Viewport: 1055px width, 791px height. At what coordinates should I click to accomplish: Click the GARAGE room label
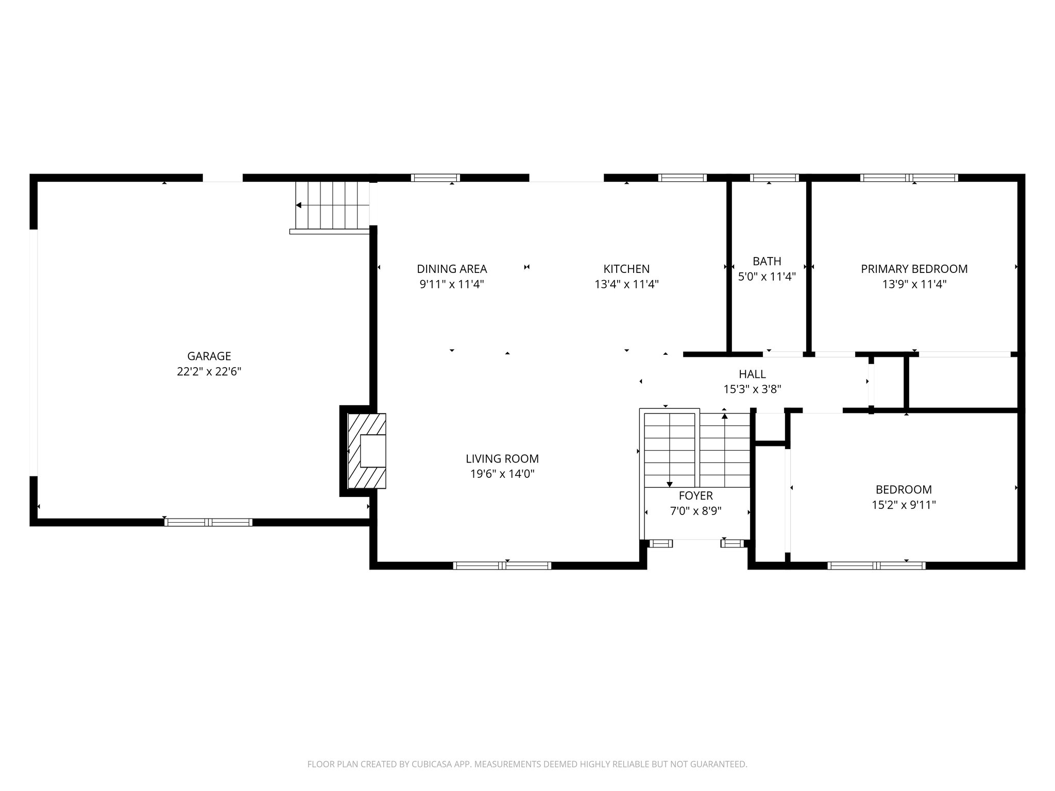(x=209, y=356)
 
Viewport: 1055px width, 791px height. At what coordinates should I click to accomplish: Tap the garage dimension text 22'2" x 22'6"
(x=209, y=372)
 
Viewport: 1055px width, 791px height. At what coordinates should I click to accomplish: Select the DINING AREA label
(x=452, y=269)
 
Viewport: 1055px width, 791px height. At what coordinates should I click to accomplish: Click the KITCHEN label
(x=626, y=269)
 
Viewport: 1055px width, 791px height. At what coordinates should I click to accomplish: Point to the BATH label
(x=767, y=261)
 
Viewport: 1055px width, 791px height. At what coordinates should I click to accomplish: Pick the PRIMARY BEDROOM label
(x=914, y=269)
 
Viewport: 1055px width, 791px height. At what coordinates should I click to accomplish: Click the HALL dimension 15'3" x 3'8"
(x=752, y=389)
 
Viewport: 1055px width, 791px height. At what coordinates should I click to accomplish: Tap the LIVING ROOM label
(x=502, y=459)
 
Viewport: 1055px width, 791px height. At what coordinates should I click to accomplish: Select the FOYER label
(x=695, y=495)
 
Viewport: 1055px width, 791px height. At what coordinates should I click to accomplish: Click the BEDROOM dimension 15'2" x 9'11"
(x=904, y=505)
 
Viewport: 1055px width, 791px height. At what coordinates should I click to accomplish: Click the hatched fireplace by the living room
(x=367, y=451)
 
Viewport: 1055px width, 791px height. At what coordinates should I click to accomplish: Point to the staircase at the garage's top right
(x=332, y=205)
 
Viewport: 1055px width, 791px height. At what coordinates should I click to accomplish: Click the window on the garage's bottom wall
(x=208, y=522)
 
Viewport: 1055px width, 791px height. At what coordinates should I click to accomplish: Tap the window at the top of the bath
(x=774, y=178)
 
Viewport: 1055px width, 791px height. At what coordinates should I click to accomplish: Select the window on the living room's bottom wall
(x=502, y=565)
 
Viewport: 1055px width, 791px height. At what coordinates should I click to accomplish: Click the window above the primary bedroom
(x=909, y=178)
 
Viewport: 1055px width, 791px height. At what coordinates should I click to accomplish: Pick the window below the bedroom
(x=876, y=565)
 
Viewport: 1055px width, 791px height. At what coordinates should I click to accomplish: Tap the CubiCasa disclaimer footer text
(x=527, y=764)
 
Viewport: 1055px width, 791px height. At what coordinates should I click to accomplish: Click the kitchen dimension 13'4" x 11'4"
(x=626, y=284)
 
